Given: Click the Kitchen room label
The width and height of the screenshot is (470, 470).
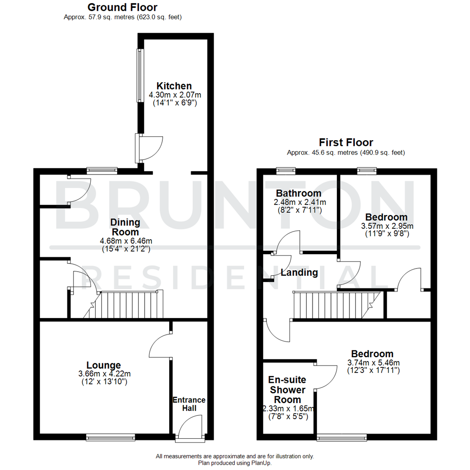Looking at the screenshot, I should pyautogui.click(x=174, y=86).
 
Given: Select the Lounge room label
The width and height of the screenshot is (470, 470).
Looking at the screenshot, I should pyautogui.click(x=104, y=365).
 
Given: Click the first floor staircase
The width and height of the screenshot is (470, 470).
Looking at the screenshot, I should pyautogui.click(x=333, y=305).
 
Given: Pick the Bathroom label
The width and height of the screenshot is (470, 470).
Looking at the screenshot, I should pyautogui.click(x=299, y=193).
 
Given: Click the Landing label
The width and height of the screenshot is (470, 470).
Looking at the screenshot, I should pyautogui.click(x=299, y=273).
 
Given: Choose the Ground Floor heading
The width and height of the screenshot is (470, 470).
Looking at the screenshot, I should pyautogui.click(x=122, y=7).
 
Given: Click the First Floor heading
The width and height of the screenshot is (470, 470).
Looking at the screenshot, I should pyautogui.click(x=346, y=142).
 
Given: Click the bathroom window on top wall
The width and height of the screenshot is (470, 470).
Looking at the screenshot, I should pyautogui.click(x=286, y=171).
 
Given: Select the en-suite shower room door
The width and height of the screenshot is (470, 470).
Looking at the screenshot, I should pyautogui.click(x=326, y=375).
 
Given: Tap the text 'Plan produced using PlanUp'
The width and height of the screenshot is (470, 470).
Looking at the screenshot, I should pyautogui.click(x=235, y=463).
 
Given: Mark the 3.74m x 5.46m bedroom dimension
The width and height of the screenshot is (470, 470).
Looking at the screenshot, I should pyautogui.click(x=373, y=363).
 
